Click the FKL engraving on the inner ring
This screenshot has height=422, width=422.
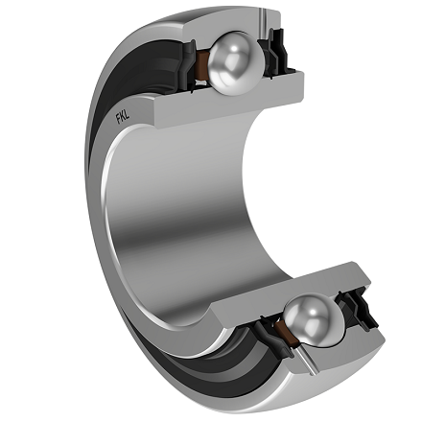pyautogui.click(x=124, y=120)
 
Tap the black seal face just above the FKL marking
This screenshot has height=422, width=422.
pyautogui.click(x=139, y=91)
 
